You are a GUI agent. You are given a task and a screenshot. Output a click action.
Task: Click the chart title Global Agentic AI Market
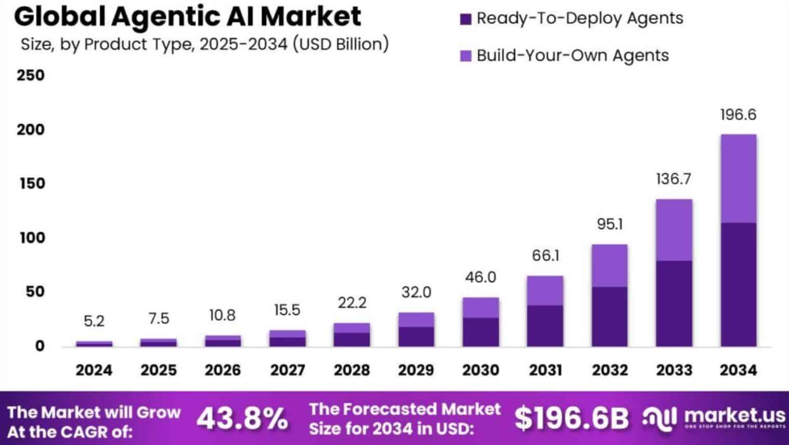click(x=187, y=17)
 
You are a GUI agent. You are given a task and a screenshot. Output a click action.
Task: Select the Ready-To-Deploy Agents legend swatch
click(x=465, y=19)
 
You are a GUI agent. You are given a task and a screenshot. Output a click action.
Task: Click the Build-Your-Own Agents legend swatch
click(x=465, y=56)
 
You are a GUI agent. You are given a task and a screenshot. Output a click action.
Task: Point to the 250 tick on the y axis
click(x=31, y=75)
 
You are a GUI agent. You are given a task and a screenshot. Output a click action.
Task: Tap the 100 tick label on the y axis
click(x=32, y=238)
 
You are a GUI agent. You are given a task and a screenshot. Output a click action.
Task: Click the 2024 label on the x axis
click(x=94, y=370)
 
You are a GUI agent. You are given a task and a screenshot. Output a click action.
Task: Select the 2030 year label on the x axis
click(x=481, y=370)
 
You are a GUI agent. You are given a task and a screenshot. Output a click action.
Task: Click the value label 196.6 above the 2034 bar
click(x=738, y=115)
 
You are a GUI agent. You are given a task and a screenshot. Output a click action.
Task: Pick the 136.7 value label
click(x=674, y=179)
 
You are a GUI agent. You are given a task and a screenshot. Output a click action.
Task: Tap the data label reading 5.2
click(x=94, y=321)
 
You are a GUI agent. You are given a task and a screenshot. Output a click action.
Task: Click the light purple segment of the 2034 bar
click(x=738, y=178)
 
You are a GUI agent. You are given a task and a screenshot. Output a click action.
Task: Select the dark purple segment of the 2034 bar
click(x=738, y=284)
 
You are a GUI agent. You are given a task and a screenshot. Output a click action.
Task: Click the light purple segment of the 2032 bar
click(x=610, y=265)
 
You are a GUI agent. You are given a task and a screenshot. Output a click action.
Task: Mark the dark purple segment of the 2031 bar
click(x=545, y=325)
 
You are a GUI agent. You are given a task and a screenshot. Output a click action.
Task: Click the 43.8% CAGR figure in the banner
click(x=242, y=419)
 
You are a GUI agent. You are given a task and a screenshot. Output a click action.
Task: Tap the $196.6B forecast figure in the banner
click(x=571, y=418)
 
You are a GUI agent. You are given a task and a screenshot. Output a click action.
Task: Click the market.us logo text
click(x=734, y=415)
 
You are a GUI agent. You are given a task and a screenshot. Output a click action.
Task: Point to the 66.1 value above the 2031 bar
click(x=545, y=256)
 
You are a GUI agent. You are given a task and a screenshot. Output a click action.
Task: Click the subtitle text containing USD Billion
click(x=204, y=44)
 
